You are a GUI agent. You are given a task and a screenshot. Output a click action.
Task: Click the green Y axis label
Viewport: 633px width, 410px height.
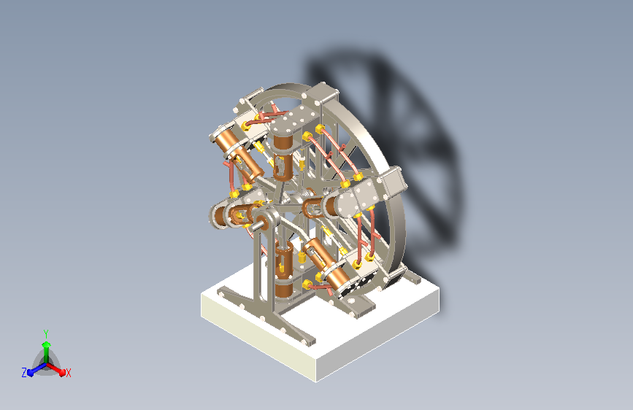click(x=46, y=334)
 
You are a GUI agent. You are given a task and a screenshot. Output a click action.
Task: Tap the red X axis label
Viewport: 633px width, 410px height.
click(x=69, y=373)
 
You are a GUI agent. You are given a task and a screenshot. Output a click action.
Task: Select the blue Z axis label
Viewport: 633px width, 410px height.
click(x=24, y=373)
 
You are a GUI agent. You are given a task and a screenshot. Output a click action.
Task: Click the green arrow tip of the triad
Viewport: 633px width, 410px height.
click(x=47, y=344)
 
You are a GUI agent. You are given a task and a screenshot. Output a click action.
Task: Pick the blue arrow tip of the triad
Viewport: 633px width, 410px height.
click(x=31, y=373)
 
